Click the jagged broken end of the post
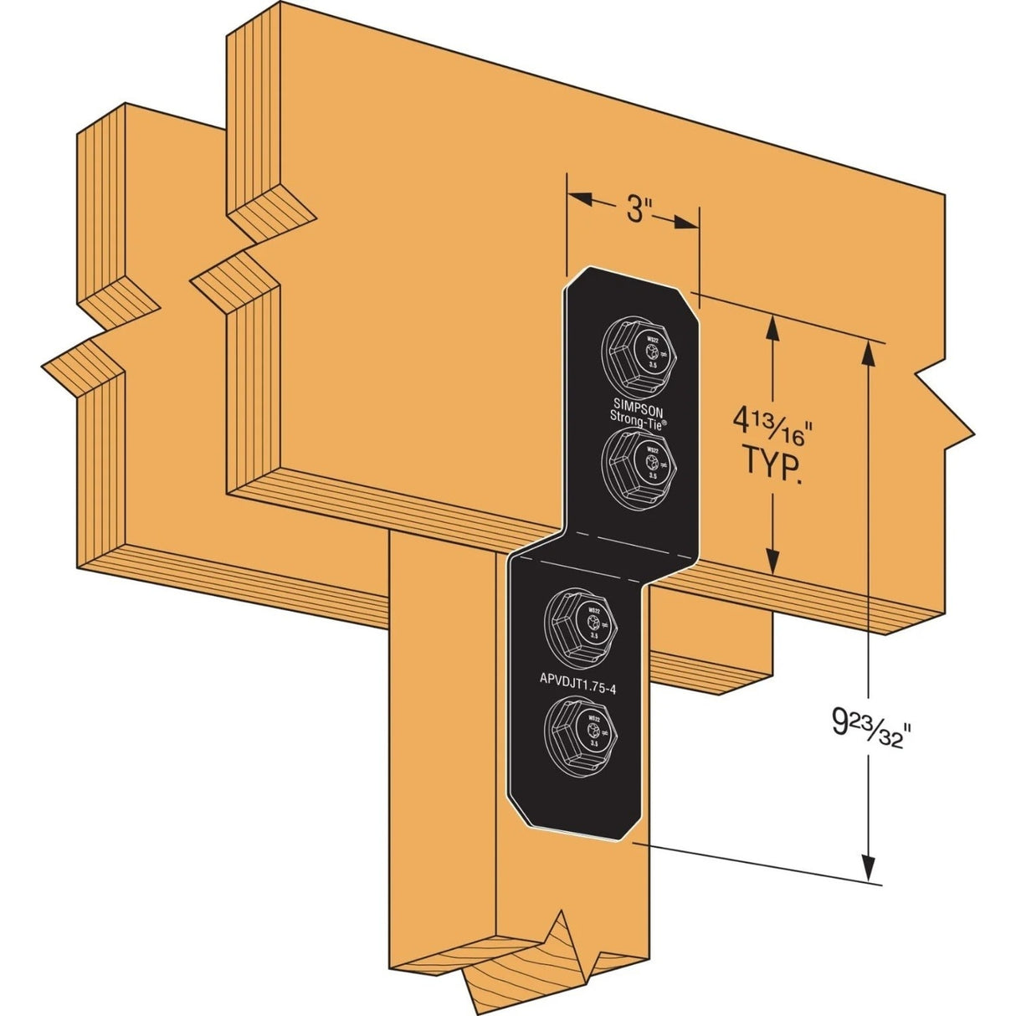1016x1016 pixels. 536,962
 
